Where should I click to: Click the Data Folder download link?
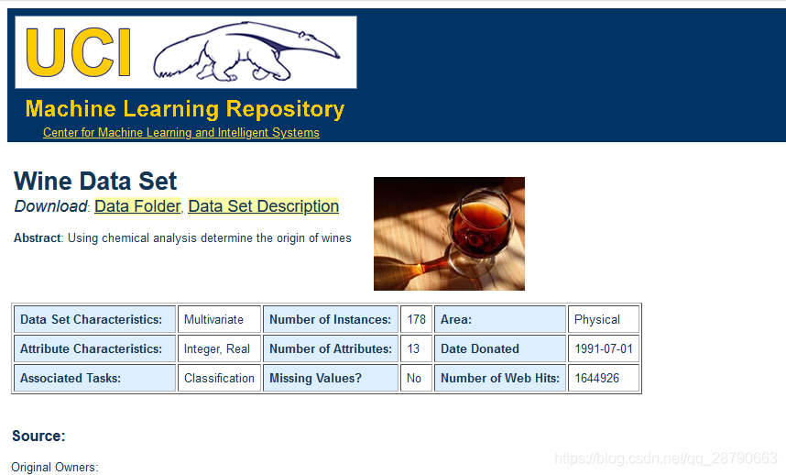[137, 206]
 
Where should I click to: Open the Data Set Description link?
[264, 206]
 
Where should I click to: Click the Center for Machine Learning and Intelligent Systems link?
[181, 132]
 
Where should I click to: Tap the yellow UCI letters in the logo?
[78, 52]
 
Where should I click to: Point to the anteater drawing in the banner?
[246, 51]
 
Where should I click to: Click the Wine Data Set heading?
[95, 181]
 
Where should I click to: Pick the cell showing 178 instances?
[416, 319]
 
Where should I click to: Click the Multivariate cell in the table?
[219, 319]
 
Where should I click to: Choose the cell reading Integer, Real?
[219, 348]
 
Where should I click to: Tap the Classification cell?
[219, 378]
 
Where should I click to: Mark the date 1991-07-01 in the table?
[604, 348]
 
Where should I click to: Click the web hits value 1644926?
[604, 378]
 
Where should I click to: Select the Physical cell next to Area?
[604, 319]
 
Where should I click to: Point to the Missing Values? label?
[315, 378]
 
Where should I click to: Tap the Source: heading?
[38, 436]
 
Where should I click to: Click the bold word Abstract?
[37, 237]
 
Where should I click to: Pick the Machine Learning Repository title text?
[185, 109]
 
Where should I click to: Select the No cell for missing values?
[416, 378]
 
